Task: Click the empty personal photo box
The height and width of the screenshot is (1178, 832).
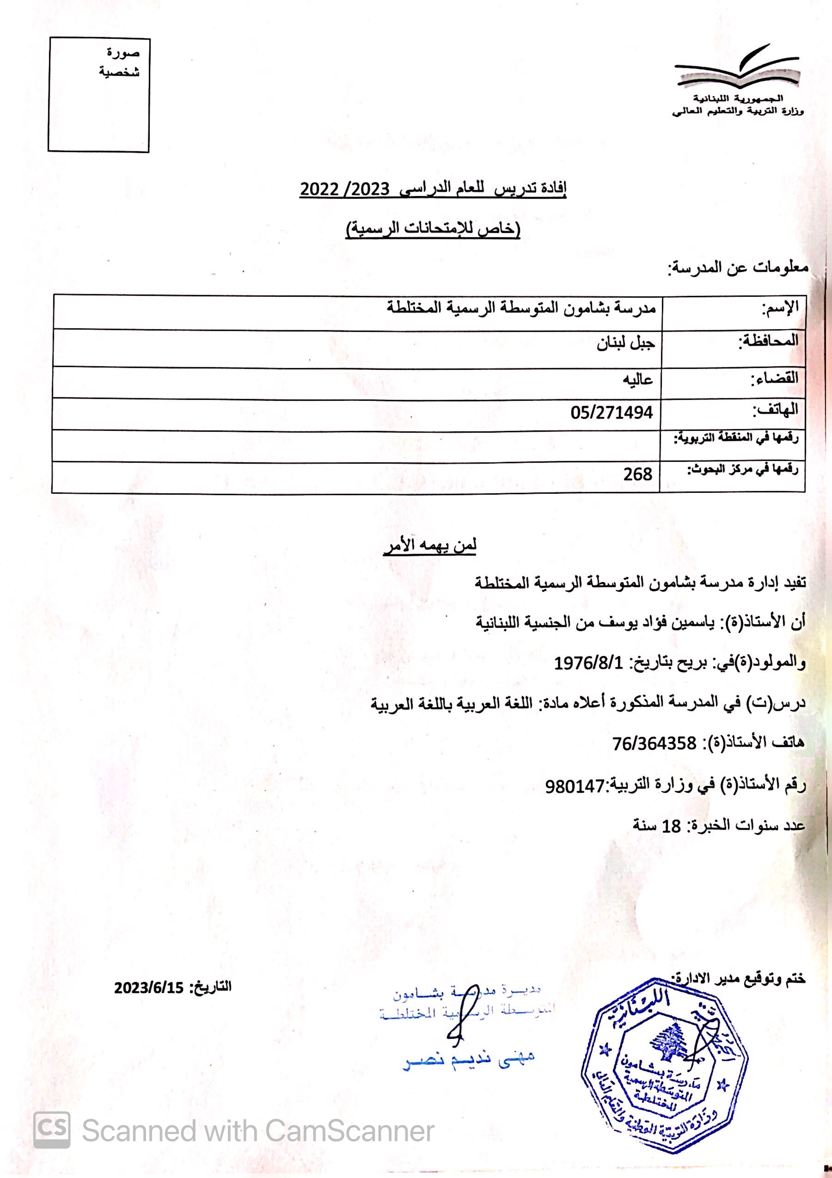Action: (x=98, y=95)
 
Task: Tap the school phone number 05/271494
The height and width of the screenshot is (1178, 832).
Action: (x=612, y=412)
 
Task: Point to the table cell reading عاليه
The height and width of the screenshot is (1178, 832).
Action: (x=637, y=380)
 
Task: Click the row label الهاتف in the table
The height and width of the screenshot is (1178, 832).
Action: (x=775, y=410)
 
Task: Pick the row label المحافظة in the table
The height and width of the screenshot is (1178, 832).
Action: (x=768, y=340)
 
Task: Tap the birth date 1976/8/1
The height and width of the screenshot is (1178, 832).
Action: (x=588, y=663)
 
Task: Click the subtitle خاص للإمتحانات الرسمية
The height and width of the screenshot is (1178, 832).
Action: (x=434, y=229)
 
